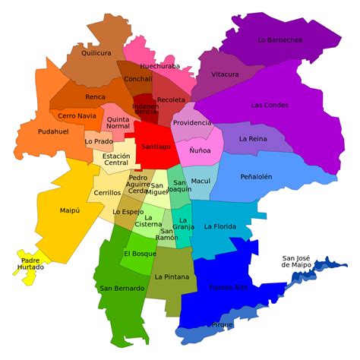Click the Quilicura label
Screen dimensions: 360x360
pos(96,53)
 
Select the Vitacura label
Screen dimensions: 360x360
pos(225,74)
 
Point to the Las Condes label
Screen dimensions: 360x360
pos(268,105)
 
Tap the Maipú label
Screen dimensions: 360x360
pos(70,210)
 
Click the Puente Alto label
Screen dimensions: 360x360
pos(229,287)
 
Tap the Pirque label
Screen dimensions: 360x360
pos(223,324)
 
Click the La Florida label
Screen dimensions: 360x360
pos(219,226)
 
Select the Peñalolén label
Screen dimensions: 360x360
pos(256,177)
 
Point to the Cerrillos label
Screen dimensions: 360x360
pos(106,193)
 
